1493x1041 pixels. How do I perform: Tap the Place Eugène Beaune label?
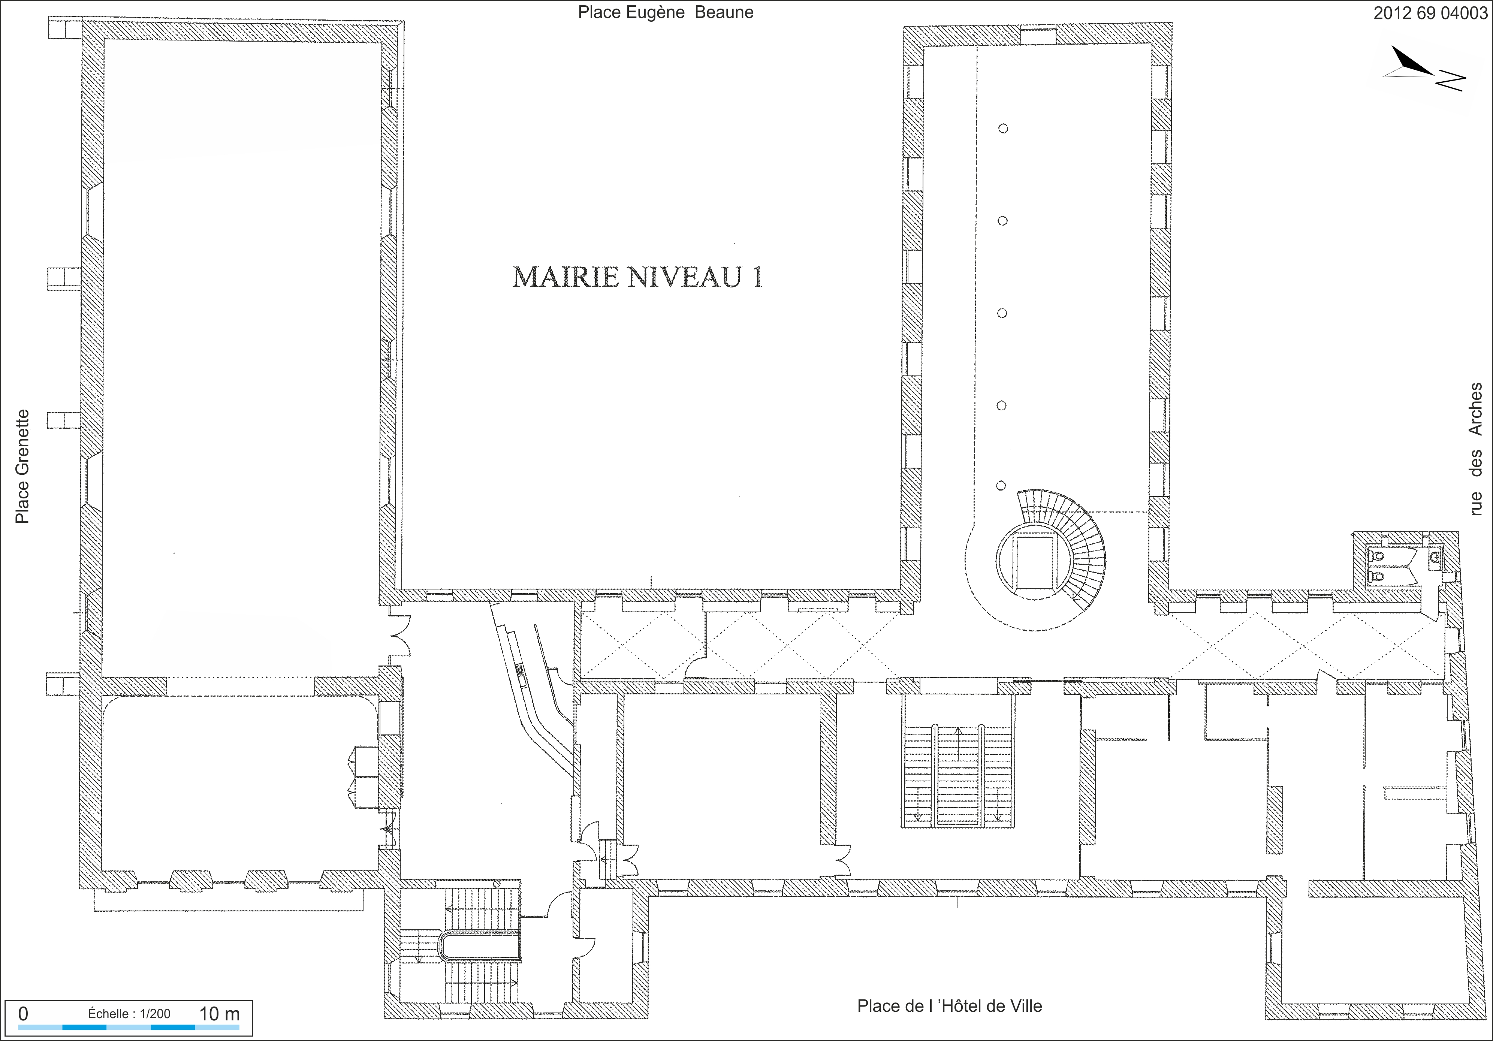[x=666, y=12]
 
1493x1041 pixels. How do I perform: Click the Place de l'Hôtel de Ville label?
[x=949, y=1006]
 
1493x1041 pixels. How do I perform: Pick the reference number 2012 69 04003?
[x=1430, y=13]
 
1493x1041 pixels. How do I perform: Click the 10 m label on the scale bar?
[x=219, y=1014]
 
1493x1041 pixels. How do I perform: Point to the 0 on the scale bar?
[x=23, y=1014]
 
